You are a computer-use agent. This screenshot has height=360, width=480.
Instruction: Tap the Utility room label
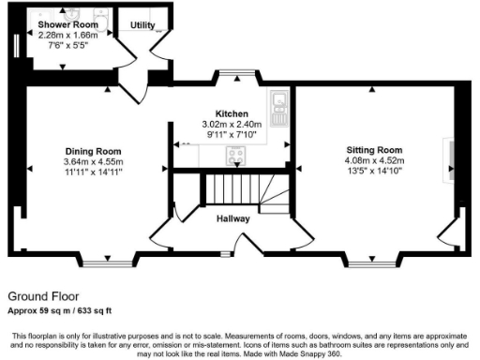click(x=143, y=25)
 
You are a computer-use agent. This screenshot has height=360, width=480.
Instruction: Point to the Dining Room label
click(x=93, y=151)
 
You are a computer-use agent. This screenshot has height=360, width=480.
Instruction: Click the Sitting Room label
click(x=374, y=150)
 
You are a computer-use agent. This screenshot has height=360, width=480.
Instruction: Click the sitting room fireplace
click(x=450, y=158)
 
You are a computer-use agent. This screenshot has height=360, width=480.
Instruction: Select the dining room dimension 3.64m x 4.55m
click(x=93, y=161)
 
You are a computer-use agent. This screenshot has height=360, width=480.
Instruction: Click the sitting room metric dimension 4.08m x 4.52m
click(x=374, y=160)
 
